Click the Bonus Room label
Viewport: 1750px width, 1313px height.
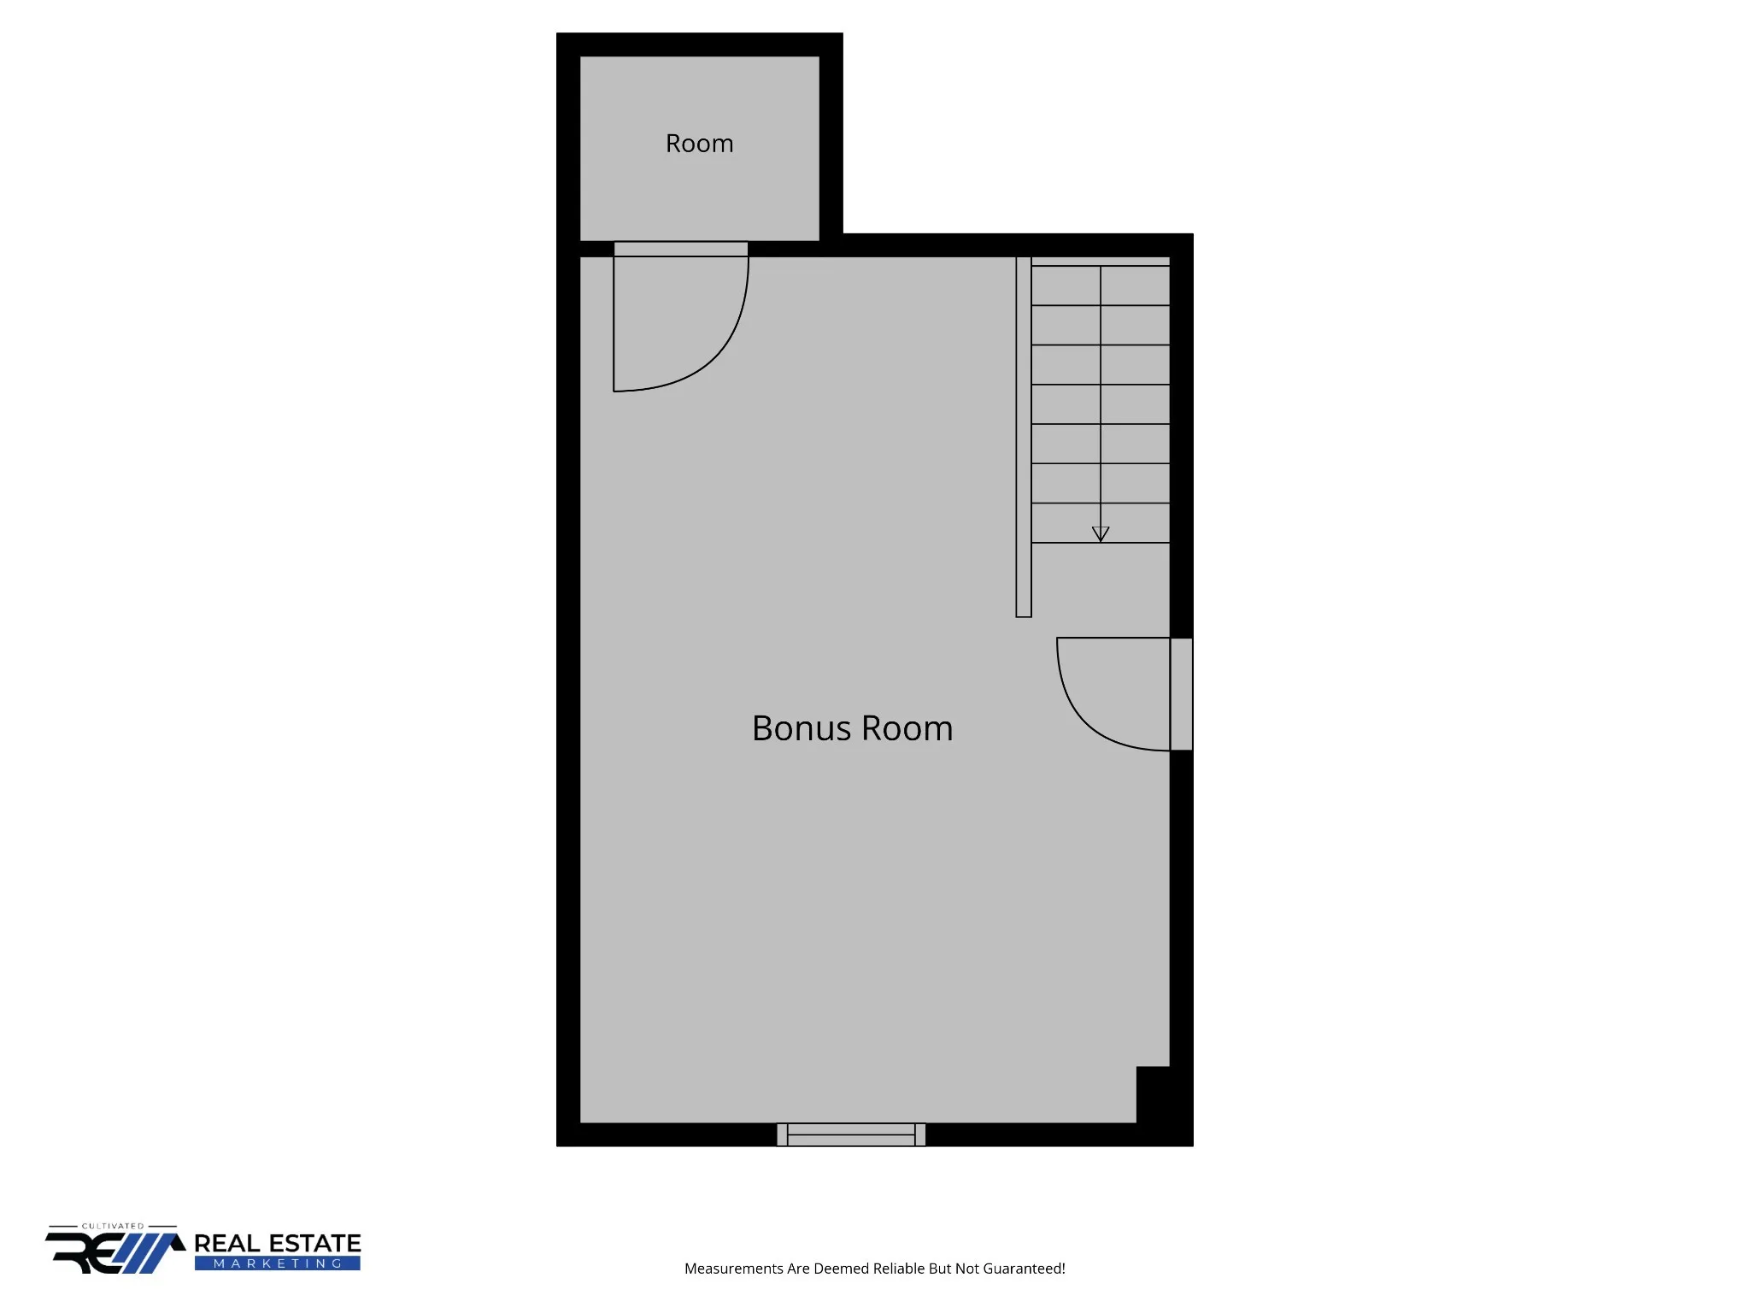tap(852, 728)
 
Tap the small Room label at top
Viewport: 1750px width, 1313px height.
tap(699, 144)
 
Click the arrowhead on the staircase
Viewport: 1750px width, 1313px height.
tap(1101, 534)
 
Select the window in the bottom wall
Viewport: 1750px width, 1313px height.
tap(851, 1134)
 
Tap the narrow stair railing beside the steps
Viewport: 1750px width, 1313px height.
tap(1024, 437)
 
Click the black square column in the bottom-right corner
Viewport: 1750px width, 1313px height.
tap(1153, 1095)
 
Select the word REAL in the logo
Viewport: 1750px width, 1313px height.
tap(226, 1244)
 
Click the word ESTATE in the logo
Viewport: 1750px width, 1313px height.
tap(314, 1244)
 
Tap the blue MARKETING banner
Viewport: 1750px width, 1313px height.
tap(278, 1263)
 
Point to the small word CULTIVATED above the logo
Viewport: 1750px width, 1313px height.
tap(113, 1226)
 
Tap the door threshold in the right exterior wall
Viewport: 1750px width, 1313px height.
tap(1181, 694)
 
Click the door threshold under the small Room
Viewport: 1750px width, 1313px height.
tap(681, 249)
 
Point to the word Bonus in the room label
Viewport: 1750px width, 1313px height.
tap(802, 728)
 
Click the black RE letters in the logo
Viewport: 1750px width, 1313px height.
tap(85, 1253)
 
